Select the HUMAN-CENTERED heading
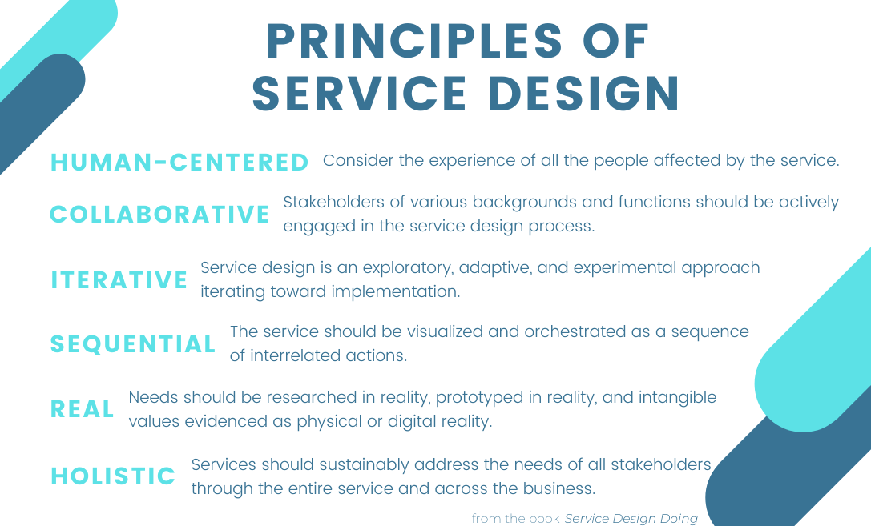tap(179, 163)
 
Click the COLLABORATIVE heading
tap(160, 215)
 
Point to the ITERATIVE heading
tap(119, 280)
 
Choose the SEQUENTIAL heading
tap(133, 344)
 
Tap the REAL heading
tap(83, 409)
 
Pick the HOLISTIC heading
tap(113, 476)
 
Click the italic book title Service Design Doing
tap(631, 519)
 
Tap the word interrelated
tap(292, 355)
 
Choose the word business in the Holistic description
tap(558, 488)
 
